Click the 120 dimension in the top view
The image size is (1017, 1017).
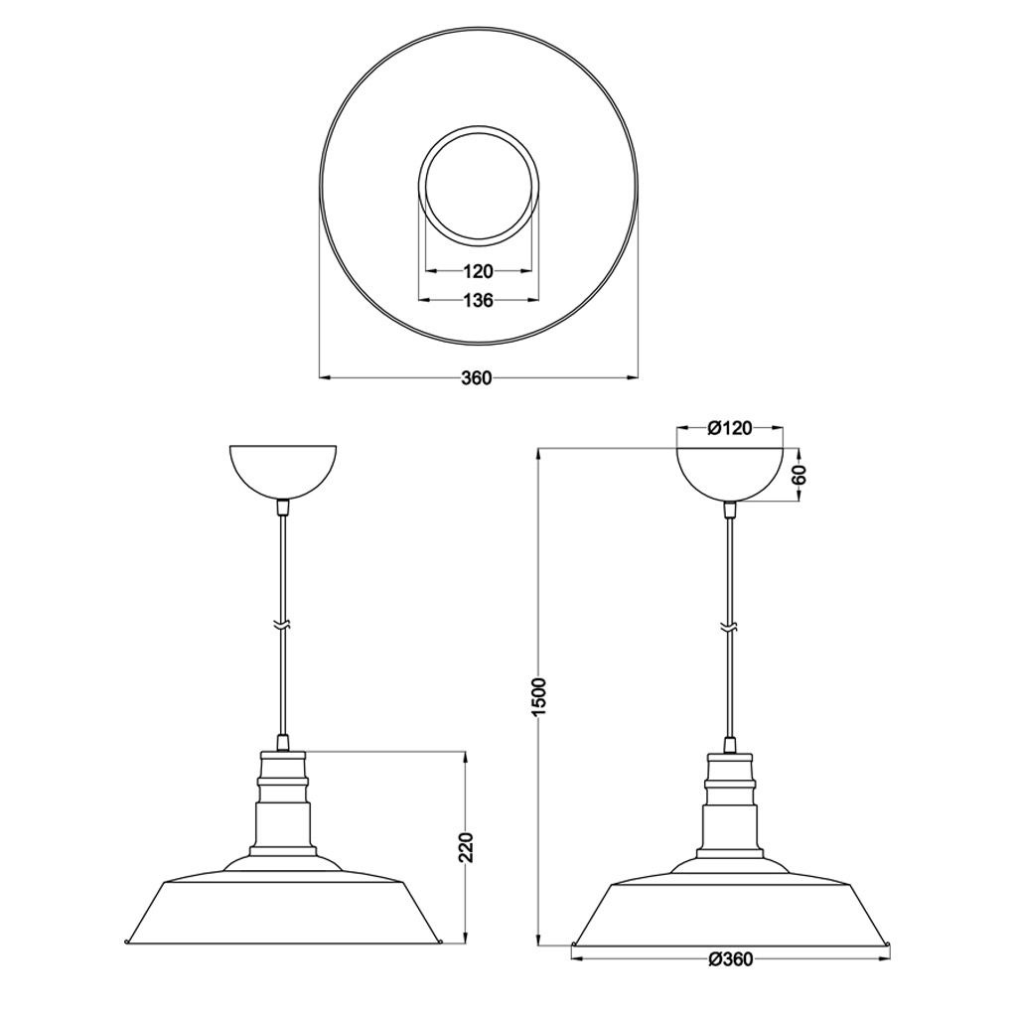[x=479, y=270]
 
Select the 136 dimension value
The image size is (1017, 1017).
[x=479, y=300]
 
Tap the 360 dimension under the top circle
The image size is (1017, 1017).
[x=477, y=377]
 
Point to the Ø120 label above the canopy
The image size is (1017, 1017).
[x=730, y=428]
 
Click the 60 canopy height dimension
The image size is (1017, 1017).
[x=799, y=476]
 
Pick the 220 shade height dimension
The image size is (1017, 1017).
[x=466, y=847]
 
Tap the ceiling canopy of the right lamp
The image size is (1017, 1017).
[x=730, y=475]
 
